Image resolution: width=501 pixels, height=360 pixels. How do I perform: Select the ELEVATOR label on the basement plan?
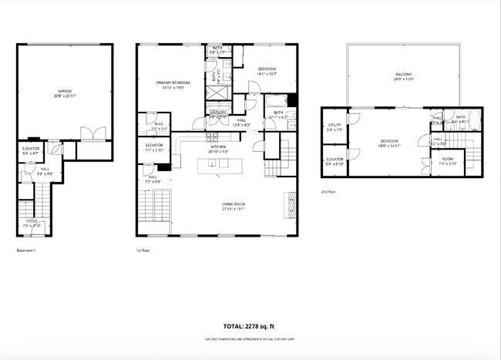[x=31, y=149]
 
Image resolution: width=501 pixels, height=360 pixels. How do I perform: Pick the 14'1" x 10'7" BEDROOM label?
[x=267, y=71]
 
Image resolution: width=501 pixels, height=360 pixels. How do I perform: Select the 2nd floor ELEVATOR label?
[x=335, y=161]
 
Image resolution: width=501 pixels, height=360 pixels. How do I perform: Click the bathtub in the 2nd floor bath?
[x=472, y=122]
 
